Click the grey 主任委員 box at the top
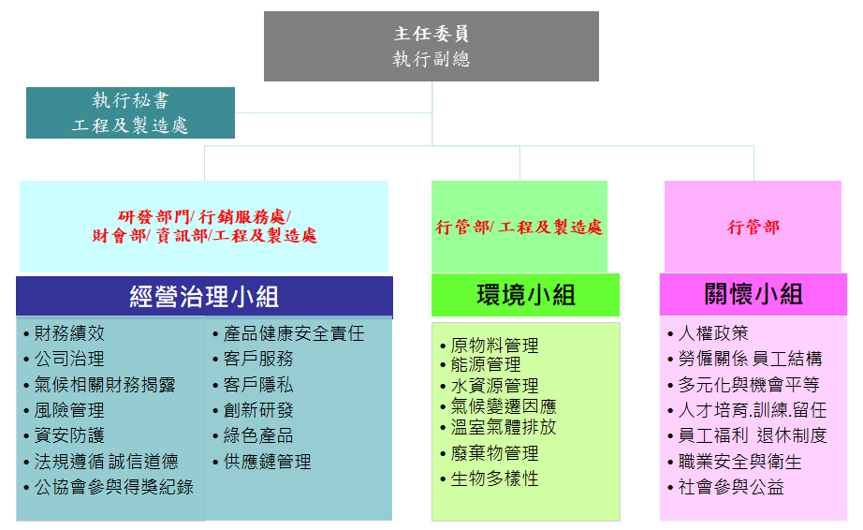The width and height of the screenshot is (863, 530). [431, 46]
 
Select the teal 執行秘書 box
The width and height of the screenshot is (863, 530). [130, 112]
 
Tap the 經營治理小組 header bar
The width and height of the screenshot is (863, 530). [204, 297]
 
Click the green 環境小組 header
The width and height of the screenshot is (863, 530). [526, 295]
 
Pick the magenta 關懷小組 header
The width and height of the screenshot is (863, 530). [753, 294]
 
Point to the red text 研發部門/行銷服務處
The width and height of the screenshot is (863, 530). [204, 217]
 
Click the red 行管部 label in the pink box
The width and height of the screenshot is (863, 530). [753, 228]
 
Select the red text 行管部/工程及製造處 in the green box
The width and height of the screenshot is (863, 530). [519, 228]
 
